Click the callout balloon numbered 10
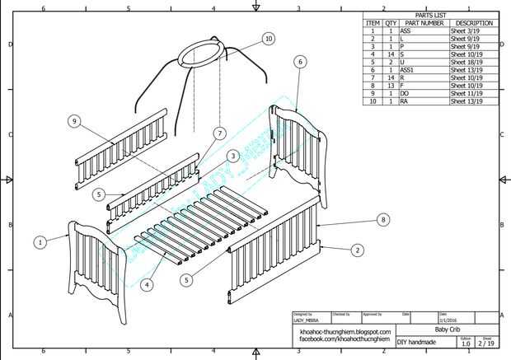(x=269, y=39)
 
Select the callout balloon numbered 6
(x=300, y=62)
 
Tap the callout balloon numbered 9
(x=74, y=122)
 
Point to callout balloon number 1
(x=40, y=242)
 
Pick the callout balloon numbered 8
(x=382, y=219)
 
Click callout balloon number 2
(x=357, y=250)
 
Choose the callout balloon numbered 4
(x=148, y=285)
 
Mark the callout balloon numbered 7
(x=219, y=133)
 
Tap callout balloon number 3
(x=233, y=156)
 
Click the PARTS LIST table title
(x=431, y=15)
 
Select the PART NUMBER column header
(x=424, y=23)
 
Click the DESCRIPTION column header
(x=473, y=23)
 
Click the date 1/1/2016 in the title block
(x=451, y=320)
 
